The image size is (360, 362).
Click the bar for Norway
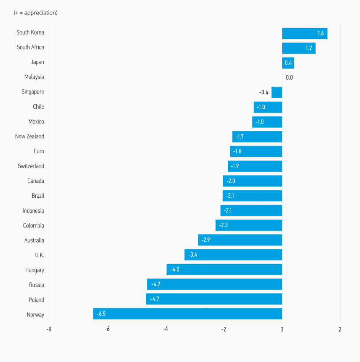coord(188,314)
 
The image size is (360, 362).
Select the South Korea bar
coord(304,33)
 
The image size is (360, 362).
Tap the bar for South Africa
coord(299,48)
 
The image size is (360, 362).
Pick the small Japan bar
coord(288,63)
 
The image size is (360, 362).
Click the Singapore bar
coord(277,92)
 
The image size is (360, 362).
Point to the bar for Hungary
coord(224,269)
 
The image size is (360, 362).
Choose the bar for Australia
coord(240,240)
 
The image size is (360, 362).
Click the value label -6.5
coord(101,314)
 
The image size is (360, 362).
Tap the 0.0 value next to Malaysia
coord(289,77)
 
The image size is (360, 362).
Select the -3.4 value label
coord(193,255)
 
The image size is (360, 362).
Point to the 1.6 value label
coord(321,33)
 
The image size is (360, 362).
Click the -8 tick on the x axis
coord(49,329)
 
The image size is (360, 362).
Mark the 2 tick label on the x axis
coord(340,329)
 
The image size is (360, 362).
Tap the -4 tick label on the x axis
coord(165,329)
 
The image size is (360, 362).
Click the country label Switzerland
coord(31,166)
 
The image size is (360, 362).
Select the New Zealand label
coord(29,136)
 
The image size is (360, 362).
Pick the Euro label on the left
coord(39,151)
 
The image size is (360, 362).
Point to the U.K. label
coord(39,255)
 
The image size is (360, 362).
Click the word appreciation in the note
coord(40,13)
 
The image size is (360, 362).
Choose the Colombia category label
coord(33,226)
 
